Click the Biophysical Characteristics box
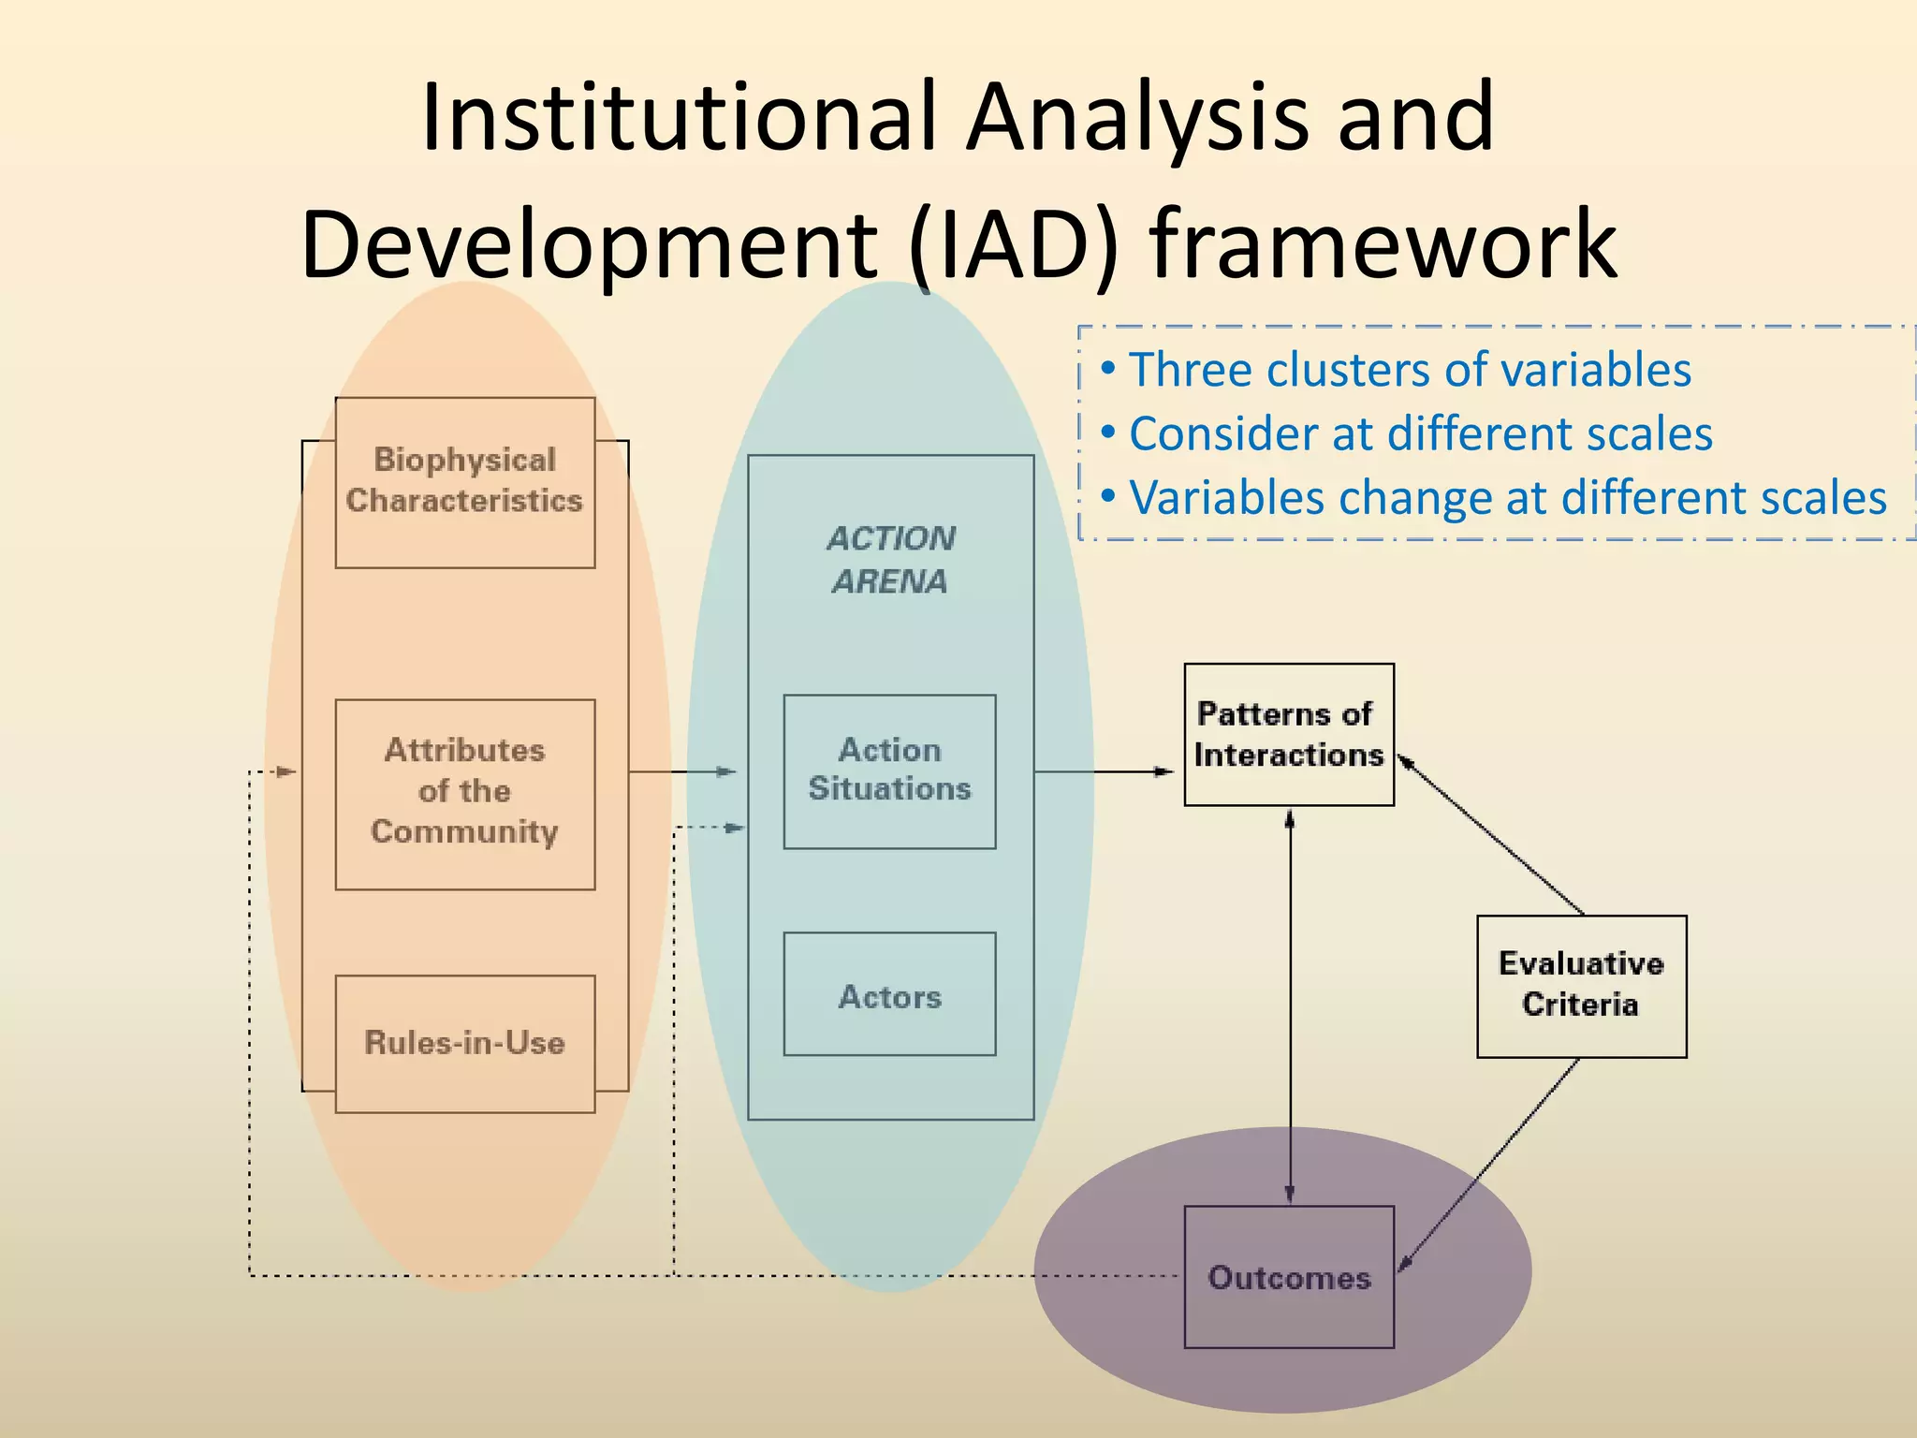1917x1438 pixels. coord(465,482)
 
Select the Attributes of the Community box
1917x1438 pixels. coord(465,793)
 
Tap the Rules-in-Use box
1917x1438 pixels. coord(465,1043)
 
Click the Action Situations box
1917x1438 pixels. coord(889,770)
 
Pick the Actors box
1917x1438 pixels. coord(889,995)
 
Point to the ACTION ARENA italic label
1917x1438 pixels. coord(890,560)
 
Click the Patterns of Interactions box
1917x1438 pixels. coord(1289,735)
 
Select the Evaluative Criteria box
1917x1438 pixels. coord(1581,986)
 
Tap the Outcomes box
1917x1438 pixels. coord(1289,1277)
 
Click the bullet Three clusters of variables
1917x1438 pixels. coord(1410,370)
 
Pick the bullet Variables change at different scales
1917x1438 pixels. coord(1507,498)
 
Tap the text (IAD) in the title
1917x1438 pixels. coord(1014,245)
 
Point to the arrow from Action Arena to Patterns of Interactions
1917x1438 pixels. coord(1105,771)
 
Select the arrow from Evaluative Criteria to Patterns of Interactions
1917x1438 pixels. coord(1490,836)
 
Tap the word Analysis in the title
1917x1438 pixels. coord(1137,118)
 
